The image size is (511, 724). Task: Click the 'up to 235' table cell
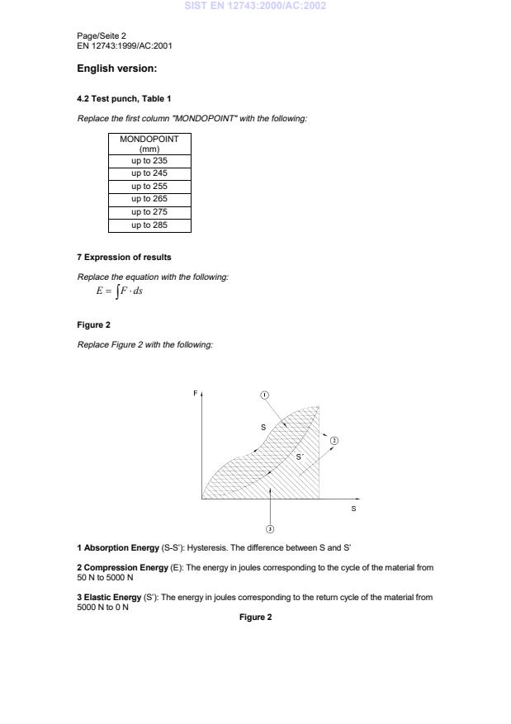(149, 161)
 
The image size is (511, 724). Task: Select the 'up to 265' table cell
(149, 199)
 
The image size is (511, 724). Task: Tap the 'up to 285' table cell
(149, 225)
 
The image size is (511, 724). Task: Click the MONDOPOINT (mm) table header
(149, 144)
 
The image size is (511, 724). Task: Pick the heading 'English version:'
(116, 69)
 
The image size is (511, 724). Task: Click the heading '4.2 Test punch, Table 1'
(124, 99)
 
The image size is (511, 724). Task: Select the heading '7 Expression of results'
(124, 258)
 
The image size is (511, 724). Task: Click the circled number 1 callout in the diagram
(265, 395)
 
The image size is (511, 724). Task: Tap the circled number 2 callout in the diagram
(334, 441)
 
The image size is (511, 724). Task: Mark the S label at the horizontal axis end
(354, 509)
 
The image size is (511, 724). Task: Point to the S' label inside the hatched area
(300, 457)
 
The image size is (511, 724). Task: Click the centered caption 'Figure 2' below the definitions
(255, 617)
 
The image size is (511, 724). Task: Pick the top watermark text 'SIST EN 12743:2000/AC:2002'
(255, 6)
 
